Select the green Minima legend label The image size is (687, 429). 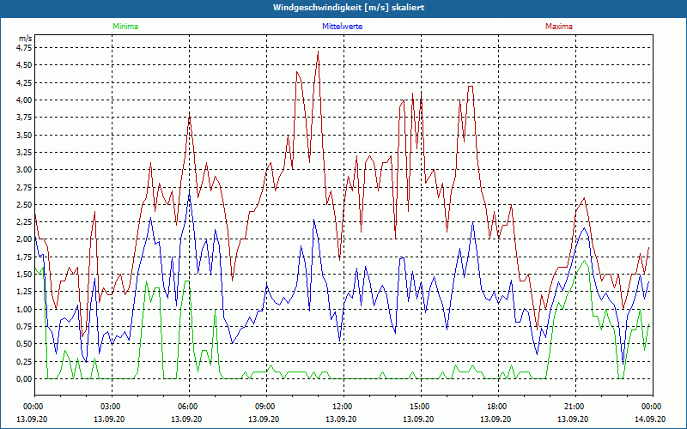tap(125, 27)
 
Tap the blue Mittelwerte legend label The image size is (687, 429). tap(342, 27)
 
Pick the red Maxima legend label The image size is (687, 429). tap(559, 27)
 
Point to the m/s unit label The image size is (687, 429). tap(25, 39)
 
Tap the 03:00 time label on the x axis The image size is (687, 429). tap(112, 407)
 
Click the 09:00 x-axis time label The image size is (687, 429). tap(266, 407)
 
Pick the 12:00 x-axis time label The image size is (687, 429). tap(343, 407)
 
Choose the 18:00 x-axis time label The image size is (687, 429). tap(498, 407)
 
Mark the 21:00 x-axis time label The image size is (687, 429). tap(575, 407)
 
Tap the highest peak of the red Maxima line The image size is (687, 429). tap(318, 51)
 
